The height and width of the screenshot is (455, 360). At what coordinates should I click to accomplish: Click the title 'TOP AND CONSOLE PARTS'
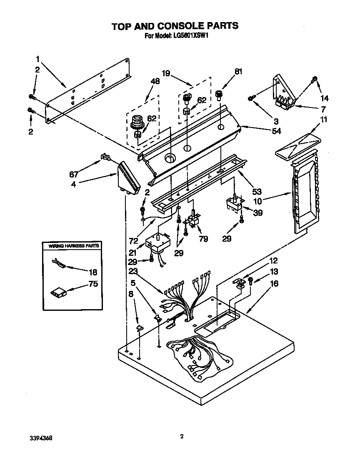click(x=175, y=26)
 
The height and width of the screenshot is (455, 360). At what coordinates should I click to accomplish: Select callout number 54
click(x=276, y=131)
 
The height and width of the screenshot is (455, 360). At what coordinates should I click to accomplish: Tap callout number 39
click(x=258, y=213)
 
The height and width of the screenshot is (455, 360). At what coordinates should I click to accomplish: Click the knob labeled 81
click(x=219, y=95)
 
